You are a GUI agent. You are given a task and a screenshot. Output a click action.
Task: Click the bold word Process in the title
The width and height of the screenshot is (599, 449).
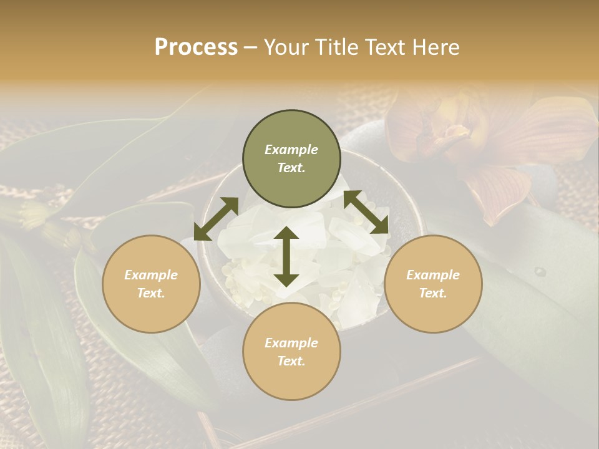[196, 47]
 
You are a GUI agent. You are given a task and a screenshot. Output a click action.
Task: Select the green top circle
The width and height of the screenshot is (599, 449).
[291, 159]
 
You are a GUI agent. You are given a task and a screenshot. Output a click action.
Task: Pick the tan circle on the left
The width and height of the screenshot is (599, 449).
[151, 284]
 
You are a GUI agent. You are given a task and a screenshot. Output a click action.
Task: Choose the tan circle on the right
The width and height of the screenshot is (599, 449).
[433, 284]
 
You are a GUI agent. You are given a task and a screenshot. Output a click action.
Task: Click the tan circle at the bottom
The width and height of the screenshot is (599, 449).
[291, 351]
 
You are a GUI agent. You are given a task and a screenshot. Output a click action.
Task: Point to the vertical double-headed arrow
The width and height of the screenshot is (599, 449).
[286, 256]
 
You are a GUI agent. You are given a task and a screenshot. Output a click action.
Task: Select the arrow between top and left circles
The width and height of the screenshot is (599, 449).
[216, 219]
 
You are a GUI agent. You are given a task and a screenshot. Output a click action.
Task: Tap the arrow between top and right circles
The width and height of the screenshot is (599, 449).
[366, 212]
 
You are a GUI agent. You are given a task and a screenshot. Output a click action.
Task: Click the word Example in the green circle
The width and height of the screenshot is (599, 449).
[291, 150]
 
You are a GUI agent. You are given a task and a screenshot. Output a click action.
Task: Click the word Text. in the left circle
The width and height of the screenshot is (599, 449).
[151, 293]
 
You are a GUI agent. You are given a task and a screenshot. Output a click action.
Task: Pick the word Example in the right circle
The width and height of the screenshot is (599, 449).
[433, 275]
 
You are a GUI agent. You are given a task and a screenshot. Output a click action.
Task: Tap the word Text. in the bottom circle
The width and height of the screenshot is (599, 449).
[291, 361]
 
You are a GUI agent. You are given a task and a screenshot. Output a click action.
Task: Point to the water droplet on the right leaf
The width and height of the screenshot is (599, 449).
[540, 272]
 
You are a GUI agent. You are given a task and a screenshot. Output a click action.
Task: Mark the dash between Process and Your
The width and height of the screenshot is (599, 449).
[251, 48]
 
